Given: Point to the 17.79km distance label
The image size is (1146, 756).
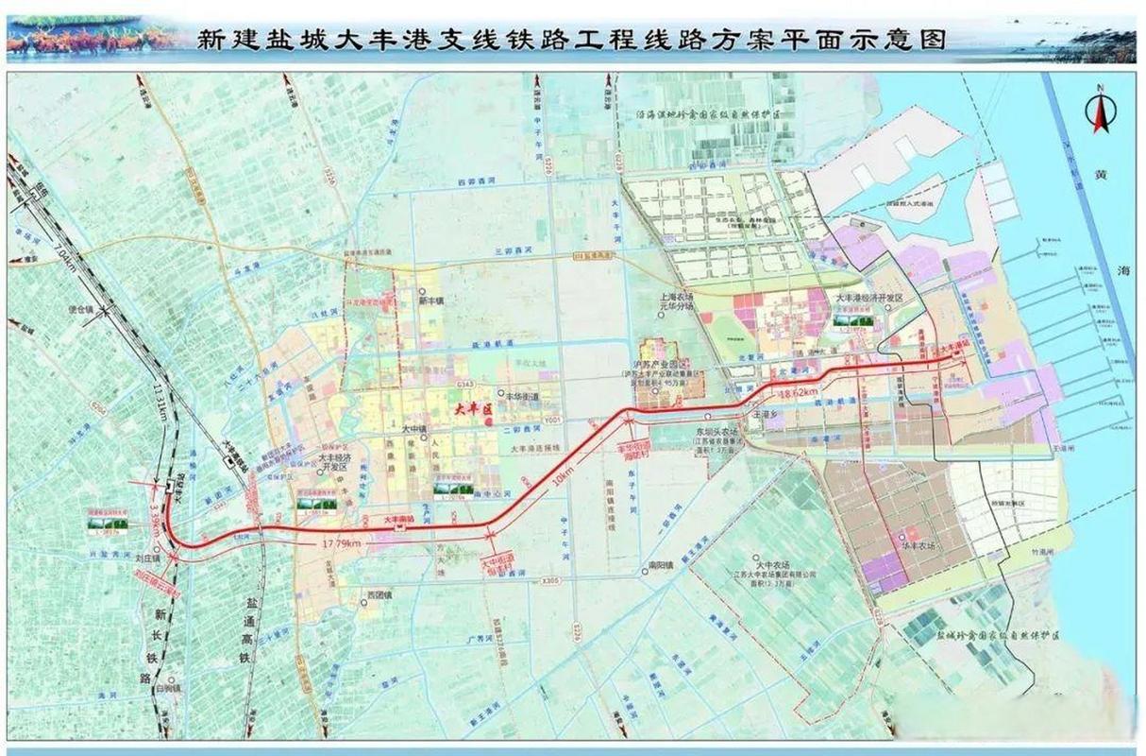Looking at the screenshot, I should click(341, 542).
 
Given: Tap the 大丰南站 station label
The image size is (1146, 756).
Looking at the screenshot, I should click(400, 520).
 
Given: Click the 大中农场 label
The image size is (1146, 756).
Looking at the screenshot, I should click(764, 563).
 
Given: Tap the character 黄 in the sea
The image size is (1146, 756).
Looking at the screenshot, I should click(1100, 176).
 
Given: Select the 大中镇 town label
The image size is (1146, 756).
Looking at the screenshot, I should click(412, 430).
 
